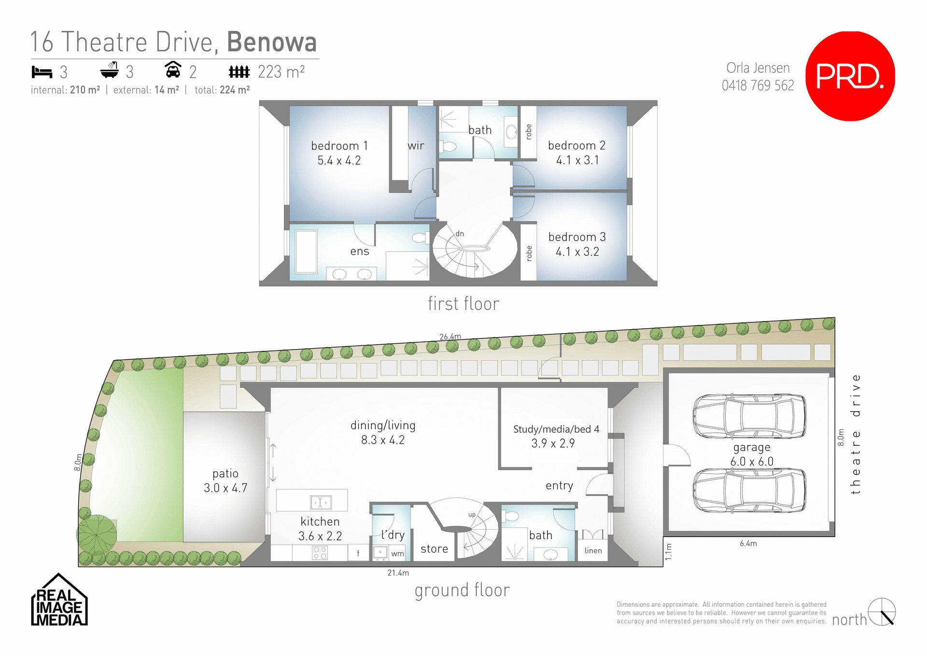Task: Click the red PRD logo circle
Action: click(850, 76)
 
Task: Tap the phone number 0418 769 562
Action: click(758, 86)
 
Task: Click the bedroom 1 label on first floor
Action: click(339, 146)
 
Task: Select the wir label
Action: click(416, 146)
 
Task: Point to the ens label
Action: click(359, 251)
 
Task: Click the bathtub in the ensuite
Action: click(306, 252)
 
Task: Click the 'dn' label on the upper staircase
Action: click(460, 233)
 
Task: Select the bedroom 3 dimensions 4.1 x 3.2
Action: click(577, 252)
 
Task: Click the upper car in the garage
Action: click(749, 416)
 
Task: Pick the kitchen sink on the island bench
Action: click(321, 502)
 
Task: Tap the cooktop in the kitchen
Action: click(320, 553)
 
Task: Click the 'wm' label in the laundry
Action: click(397, 554)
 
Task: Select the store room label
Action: click(434, 549)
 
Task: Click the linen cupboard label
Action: click(593, 551)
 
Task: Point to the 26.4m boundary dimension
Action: click(450, 336)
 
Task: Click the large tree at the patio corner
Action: click(97, 535)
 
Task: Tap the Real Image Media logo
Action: click(59, 600)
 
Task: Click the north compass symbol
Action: click(882, 612)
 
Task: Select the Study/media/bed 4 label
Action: click(556, 429)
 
